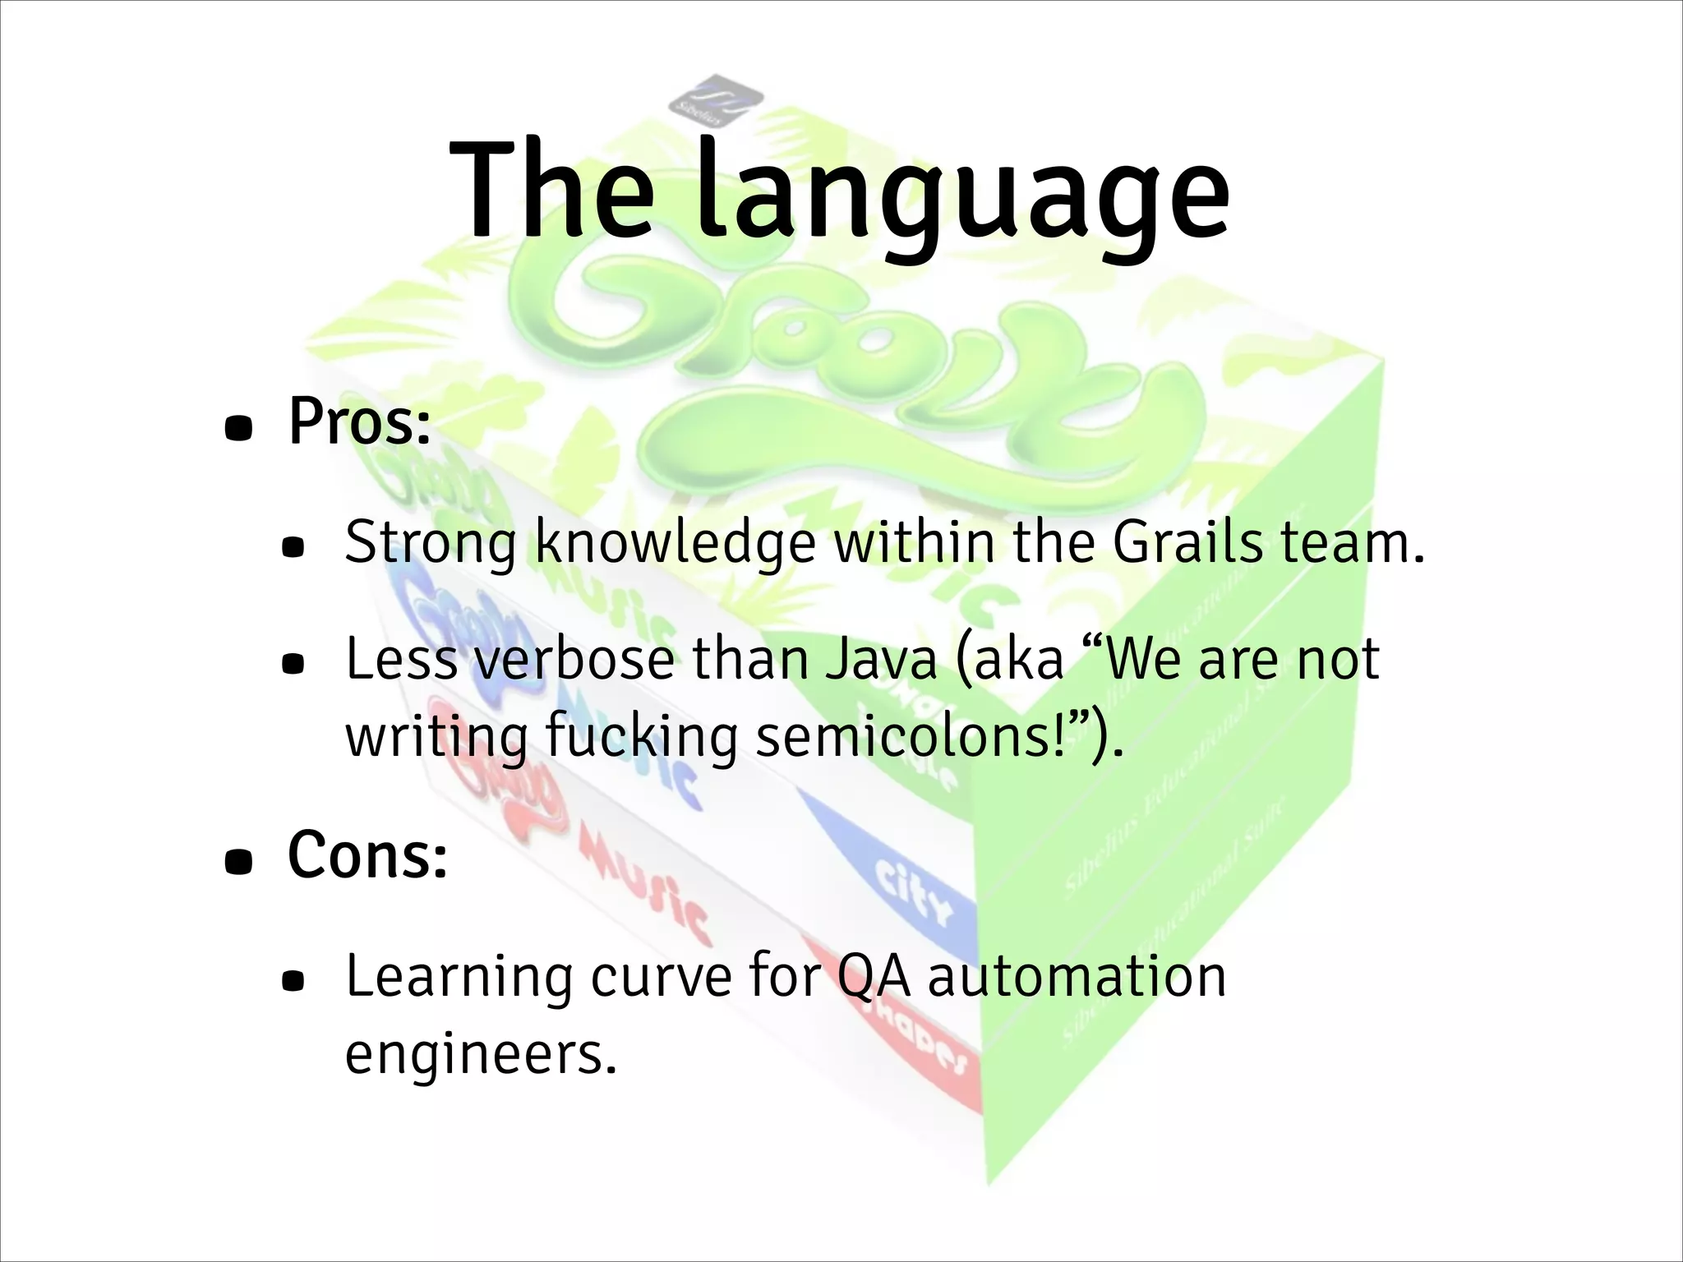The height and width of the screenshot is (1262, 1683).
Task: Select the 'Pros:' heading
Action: [359, 421]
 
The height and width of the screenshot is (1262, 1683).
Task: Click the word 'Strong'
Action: [431, 544]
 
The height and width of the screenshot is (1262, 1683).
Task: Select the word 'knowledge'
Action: [676, 544]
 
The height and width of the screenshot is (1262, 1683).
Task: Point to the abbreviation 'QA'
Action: [873, 978]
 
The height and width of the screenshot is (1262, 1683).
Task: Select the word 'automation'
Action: [1077, 976]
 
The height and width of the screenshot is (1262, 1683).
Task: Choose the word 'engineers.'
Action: [481, 1053]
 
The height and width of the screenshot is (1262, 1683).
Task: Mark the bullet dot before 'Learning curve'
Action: [293, 981]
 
